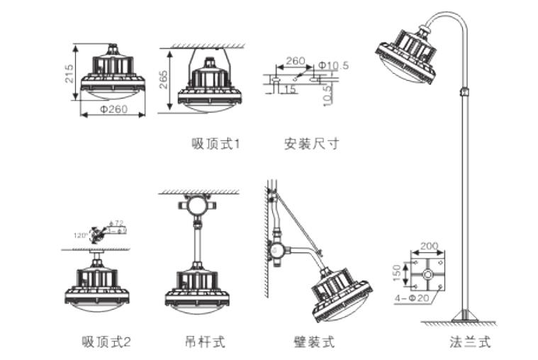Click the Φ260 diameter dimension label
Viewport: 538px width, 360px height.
113,110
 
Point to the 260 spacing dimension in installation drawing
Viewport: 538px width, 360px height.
296,61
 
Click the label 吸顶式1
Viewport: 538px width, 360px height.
216,145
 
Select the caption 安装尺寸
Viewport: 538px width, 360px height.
311,145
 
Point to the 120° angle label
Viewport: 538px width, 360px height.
82,235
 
